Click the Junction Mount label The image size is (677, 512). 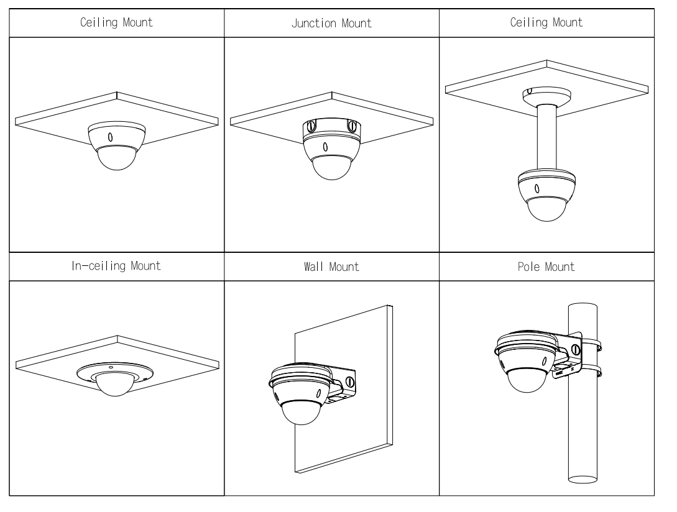pyautogui.click(x=332, y=24)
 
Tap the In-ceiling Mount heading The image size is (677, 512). pyautogui.click(x=116, y=267)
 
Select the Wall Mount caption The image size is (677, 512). pyautogui.click(x=332, y=267)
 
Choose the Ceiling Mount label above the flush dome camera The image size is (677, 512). pyautogui.click(x=116, y=24)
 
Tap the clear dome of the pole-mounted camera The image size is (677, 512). pyautogui.click(x=527, y=380)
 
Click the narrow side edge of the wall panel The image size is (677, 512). pyautogui.click(x=389, y=385)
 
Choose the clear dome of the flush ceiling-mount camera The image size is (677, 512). pyautogui.click(x=116, y=158)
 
